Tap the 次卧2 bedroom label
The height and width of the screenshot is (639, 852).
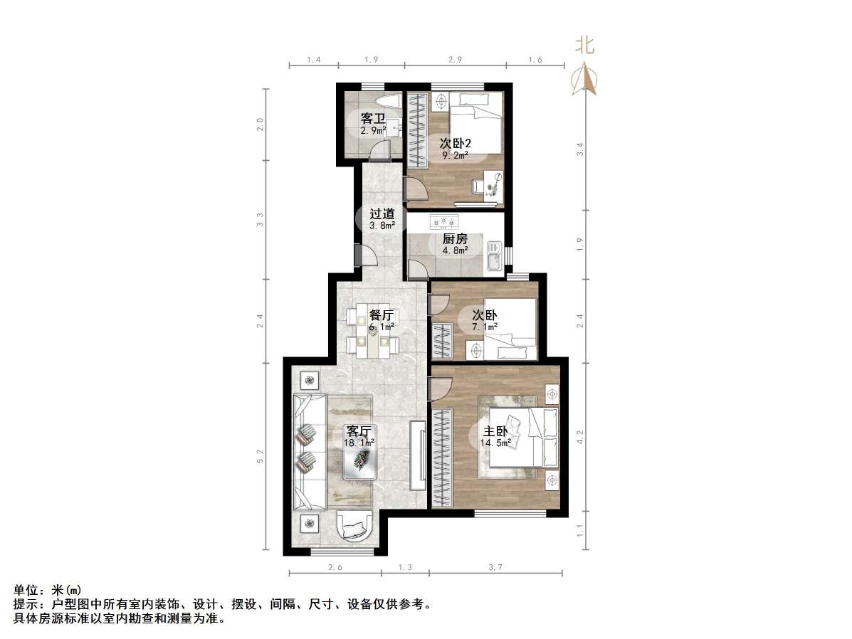(x=456, y=143)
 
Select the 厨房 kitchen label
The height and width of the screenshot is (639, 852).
(x=455, y=238)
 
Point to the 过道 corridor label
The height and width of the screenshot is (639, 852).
(x=382, y=213)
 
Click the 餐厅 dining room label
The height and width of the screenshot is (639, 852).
(x=382, y=315)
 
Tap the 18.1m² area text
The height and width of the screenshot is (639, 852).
(x=359, y=443)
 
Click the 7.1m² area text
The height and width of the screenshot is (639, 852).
(x=483, y=327)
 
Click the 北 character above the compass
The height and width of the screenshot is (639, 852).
(x=585, y=46)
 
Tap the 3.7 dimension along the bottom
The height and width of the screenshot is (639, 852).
(x=496, y=567)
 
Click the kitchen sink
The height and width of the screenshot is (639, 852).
(x=493, y=258)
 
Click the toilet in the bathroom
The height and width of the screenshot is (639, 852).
(x=388, y=102)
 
